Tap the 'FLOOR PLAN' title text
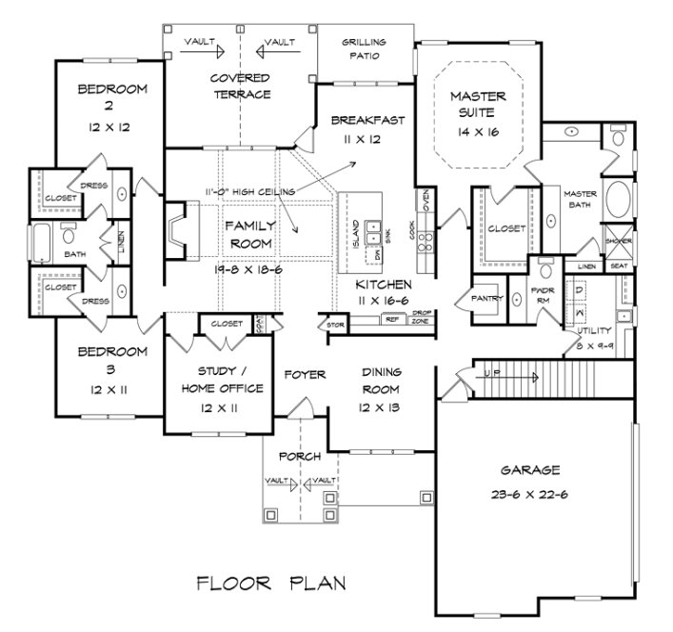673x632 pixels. click(x=271, y=582)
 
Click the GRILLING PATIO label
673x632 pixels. click(x=365, y=49)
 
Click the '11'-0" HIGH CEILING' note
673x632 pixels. click(x=248, y=191)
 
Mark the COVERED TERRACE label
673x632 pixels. click(x=241, y=86)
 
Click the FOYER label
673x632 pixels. click(x=305, y=375)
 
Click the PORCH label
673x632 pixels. click(x=301, y=456)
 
